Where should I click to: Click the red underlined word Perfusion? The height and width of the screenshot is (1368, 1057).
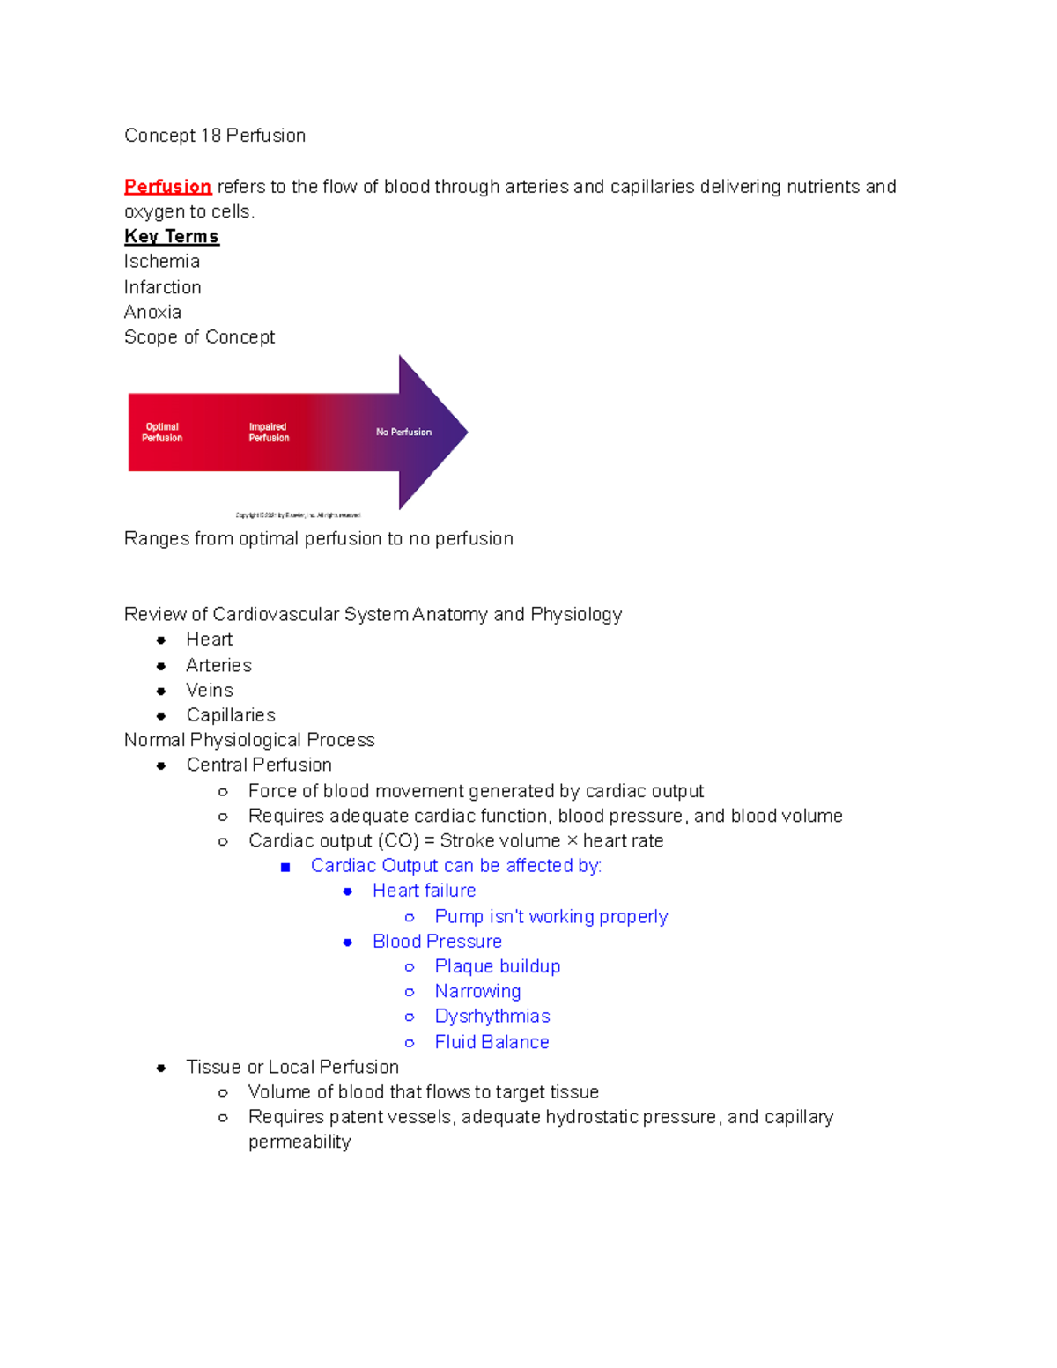click(x=167, y=187)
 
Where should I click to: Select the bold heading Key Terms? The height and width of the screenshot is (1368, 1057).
click(x=171, y=236)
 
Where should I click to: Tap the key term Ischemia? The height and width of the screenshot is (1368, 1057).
click(x=162, y=262)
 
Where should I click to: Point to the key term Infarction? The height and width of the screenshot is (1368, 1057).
click(x=163, y=287)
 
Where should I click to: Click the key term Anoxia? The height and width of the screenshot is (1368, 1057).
click(x=153, y=312)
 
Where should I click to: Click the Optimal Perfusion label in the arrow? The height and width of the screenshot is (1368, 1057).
click(x=162, y=433)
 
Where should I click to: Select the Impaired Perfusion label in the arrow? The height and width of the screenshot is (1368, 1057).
click(x=269, y=433)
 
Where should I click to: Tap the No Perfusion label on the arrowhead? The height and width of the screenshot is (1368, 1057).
click(x=403, y=433)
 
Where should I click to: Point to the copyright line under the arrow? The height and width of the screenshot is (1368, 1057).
click(x=298, y=515)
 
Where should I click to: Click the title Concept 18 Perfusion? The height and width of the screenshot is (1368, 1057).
click(x=215, y=136)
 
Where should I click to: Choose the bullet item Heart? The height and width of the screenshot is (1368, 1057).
click(x=210, y=640)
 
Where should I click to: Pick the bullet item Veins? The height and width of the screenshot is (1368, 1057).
click(x=210, y=691)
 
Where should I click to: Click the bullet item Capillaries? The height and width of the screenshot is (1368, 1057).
click(x=231, y=715)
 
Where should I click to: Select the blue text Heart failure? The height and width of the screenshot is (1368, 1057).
click(x=424, y=891)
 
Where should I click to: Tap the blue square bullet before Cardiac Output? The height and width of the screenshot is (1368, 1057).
click(x=285, y=867)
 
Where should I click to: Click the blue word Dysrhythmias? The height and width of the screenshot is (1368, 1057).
click(x=492, y=1017)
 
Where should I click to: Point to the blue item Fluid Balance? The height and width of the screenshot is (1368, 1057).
click(x=492, y=1042)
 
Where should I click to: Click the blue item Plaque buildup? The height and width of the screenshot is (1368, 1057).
click(x=498, y=966)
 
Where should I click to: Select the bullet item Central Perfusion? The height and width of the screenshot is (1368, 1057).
click(x=259, y=765)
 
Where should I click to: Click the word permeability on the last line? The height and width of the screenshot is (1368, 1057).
click(x=299, y=1142)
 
